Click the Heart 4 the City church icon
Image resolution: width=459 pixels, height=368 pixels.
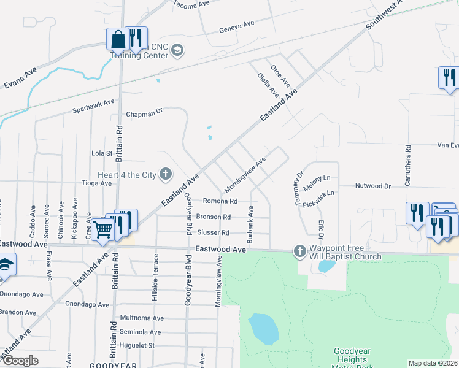pyautogui.click(x=165, y=175)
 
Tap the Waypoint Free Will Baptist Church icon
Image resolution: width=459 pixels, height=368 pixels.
pyautogui.click(x=300, y=251)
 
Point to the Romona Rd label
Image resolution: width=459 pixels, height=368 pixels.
pyautogui.click(x=220, y=201)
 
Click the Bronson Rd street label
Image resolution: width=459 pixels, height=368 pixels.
pyautogui.click(x=213, y=217)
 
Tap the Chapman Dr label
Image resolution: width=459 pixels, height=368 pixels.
pyautogui.click(x=144, y=113)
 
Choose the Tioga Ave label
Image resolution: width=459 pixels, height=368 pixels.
pyautogui.click(x=97, y=183)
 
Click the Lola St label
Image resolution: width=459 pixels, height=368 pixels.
pyautogui.click(x=102, y=153)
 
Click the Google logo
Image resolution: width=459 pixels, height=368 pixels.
pyautogui.click(x=20, y=361)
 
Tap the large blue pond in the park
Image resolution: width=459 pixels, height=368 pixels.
pyautogui.click(x=264, y=329)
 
